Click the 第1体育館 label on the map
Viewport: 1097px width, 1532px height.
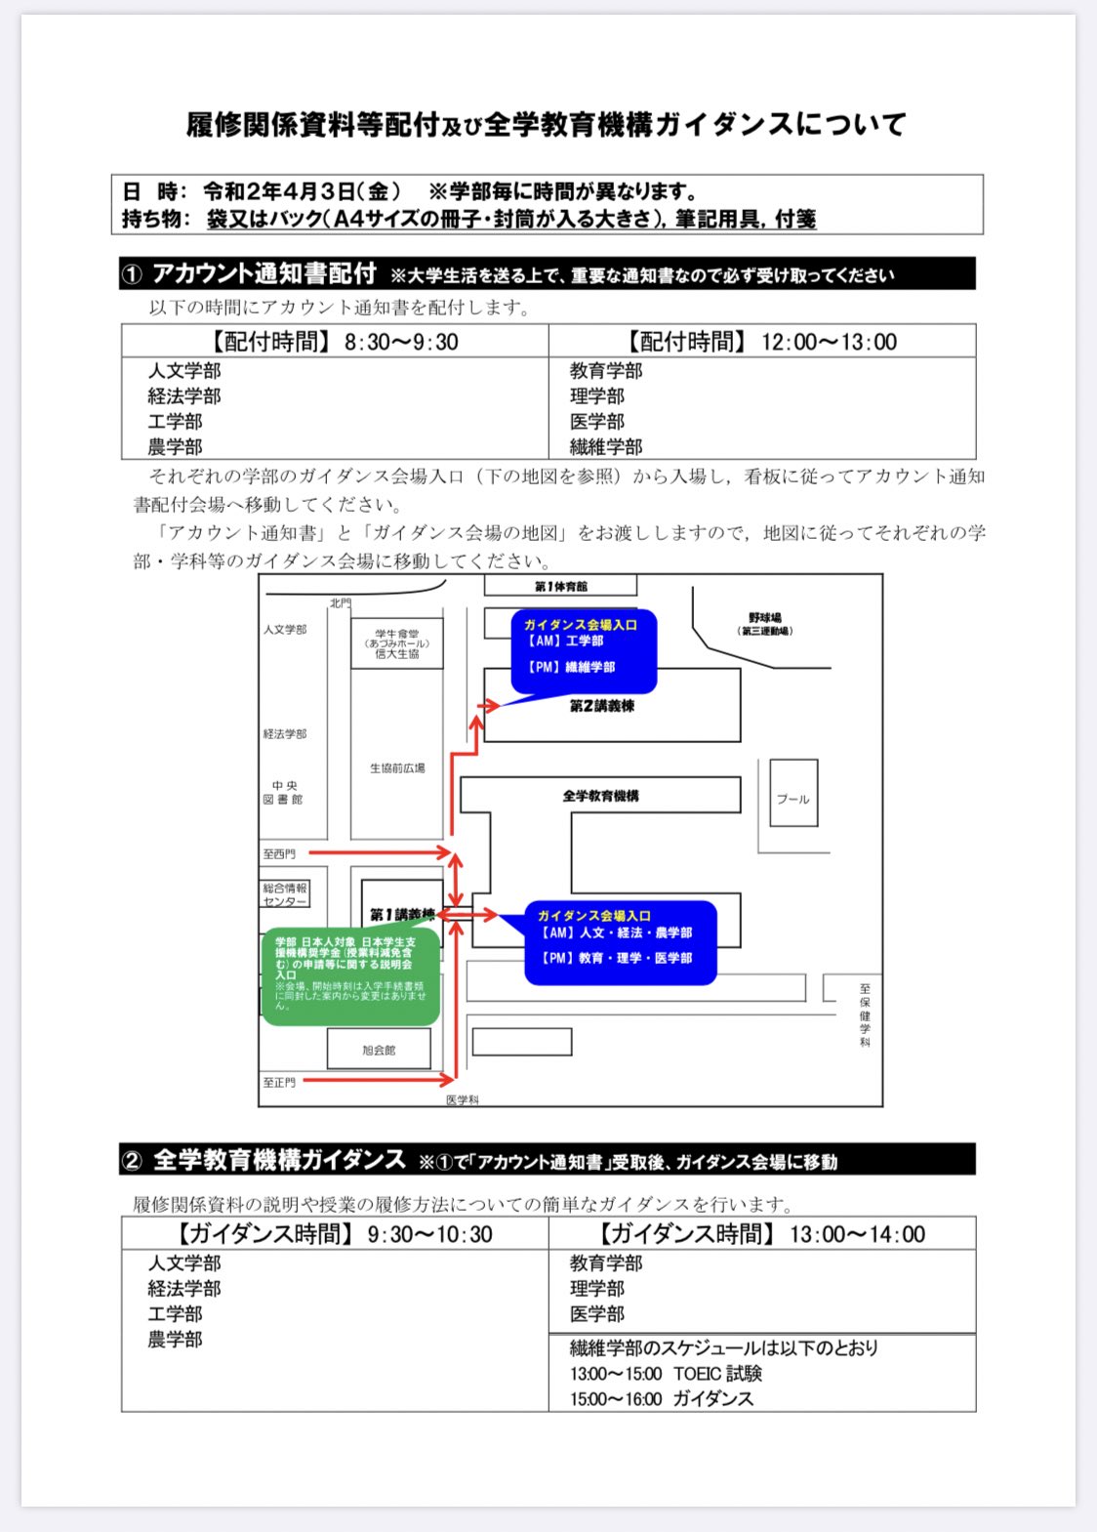(561, 586)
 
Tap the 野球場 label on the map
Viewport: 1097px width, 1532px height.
(765, 618)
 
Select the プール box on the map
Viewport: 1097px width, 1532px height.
(792, 798)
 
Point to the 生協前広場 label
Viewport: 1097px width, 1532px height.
(397, 768)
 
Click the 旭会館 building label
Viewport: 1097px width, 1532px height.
(379, 1051)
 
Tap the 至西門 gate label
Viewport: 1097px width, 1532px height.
(279, 854)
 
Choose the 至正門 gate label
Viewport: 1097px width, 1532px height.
(279, 1083)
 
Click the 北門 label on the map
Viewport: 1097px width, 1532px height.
(340, 603)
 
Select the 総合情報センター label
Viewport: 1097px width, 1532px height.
(285, 894)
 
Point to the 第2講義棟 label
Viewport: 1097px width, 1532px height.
(602, 706)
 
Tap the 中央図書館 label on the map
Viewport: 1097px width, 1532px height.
(284, 792)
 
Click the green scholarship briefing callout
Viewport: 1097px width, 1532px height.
(349, 976)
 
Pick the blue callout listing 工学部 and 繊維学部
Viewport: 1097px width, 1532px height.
(583, 650)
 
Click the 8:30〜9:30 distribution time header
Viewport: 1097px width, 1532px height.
(334, 342)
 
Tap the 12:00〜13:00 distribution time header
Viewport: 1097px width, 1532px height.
(762, 342)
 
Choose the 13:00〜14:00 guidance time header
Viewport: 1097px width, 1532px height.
(762, 1234)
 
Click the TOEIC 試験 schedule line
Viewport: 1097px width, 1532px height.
(667, 1374)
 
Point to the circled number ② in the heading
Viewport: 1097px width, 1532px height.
(132, 1161)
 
